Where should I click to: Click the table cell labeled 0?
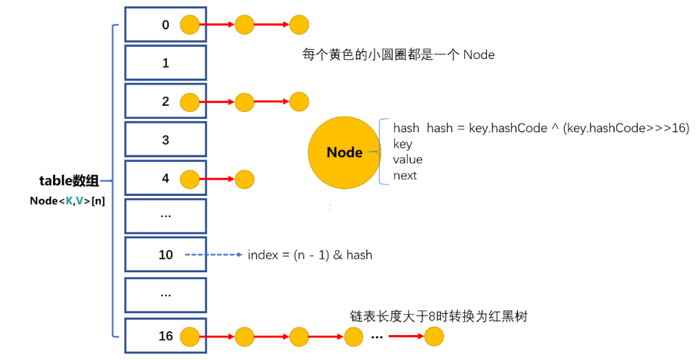coord(165,25)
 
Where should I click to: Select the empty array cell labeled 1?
coord(165,63)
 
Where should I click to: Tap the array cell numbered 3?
coord(165,140)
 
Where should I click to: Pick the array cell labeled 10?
coord(165,255)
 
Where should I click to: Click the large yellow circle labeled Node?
coord(345,152)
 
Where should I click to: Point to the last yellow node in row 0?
coord(299,25)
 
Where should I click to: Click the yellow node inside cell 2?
coord(190,102)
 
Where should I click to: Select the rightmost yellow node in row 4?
coord(244,180)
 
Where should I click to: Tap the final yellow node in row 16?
coord(434,337)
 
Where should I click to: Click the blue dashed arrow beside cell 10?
coord(214,255)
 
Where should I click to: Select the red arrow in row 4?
coord(217,180)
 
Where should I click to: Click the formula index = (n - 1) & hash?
coord(310,255)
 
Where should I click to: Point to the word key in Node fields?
coord(403,144)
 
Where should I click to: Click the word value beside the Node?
coord(408,159)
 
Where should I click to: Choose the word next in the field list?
coord(405,175)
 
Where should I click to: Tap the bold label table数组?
coord(69,180)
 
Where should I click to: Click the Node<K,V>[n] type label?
coord(68,201)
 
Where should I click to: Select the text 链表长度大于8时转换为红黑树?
coord(439,316)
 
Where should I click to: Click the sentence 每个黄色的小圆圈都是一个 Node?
coord(398,55)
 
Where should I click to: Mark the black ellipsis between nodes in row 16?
coord(377,337)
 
